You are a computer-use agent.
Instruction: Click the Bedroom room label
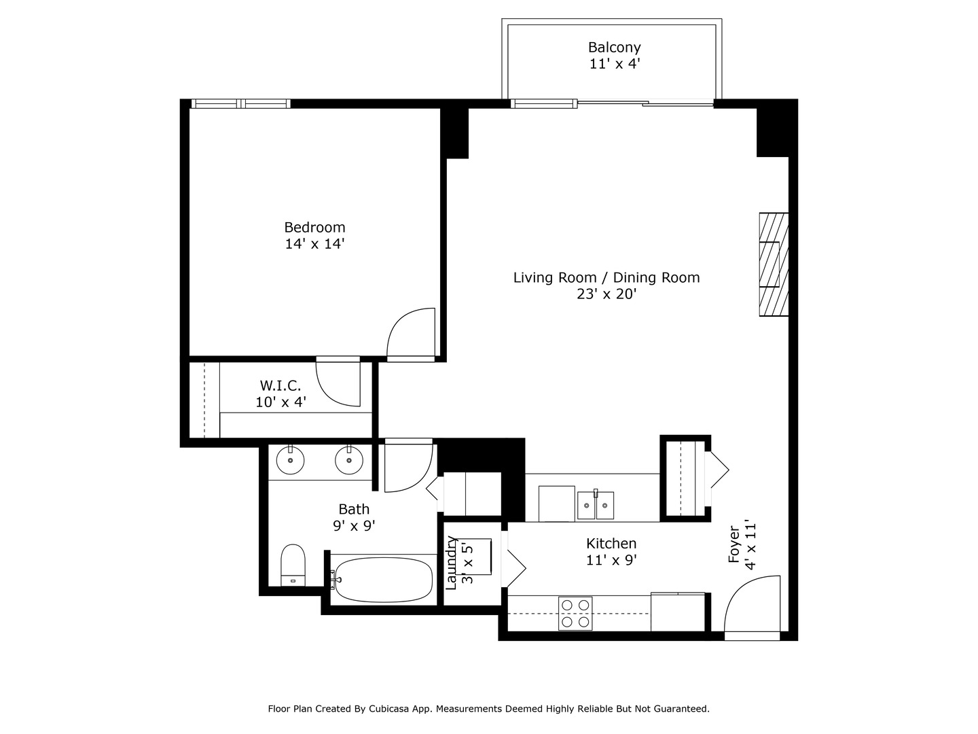click(x=314, y=227)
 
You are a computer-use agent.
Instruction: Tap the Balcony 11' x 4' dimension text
click(x=615, y=64)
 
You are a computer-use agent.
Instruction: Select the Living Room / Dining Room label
click(x=606, y=278)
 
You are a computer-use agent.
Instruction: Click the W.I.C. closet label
click(x=280, y=385)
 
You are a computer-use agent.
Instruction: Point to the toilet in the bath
click(x=293, y=565)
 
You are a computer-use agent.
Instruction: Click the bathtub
click(x=383, y=580)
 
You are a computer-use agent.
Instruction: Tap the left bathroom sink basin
click(x=290, y=460)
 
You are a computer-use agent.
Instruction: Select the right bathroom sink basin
click(x=349, y=460)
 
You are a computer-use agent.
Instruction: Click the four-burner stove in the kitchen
click(x=575, y=613)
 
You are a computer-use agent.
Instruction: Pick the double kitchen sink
click(x=595, y=505)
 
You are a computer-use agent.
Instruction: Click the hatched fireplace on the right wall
click(x=774, y=265)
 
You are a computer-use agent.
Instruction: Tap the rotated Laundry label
click(x=451, y=563)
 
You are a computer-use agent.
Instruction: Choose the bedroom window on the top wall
click(x=241, y=104)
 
